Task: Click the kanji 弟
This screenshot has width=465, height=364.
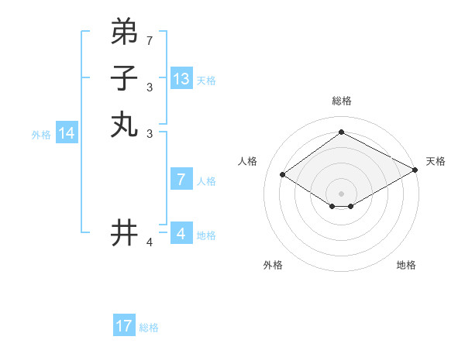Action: click(124, 32)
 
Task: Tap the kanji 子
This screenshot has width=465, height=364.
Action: click(124, 78)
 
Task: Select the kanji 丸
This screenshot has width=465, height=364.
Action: click(124, 125)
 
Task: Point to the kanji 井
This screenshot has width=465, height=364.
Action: click(124, 233)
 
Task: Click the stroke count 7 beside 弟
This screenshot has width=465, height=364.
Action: click(150, 40)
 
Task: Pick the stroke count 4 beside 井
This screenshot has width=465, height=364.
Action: click(150, 243)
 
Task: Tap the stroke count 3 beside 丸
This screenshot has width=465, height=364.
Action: click(150, 134)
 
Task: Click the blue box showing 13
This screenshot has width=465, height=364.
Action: click(181, 79)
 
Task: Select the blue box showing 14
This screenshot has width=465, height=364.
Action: click(67, 133)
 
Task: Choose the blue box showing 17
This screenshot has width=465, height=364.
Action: click(124, 326)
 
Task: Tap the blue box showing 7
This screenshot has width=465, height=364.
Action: click(181, 180)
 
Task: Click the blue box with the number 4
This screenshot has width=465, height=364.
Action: click(181, 233)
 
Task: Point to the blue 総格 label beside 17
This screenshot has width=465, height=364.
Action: click(149, 328)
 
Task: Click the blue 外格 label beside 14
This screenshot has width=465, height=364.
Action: click(41, 135)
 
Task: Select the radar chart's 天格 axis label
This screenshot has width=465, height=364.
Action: click(436, 161)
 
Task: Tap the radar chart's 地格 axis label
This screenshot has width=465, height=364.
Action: click(406, 265)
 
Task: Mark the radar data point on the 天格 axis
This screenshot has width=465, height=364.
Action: click(416, 170)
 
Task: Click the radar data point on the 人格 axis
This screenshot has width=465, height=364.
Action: click(283, 175)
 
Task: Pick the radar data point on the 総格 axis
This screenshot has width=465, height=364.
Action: click(341, 132)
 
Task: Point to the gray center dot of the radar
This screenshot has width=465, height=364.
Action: click(341, 193)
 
